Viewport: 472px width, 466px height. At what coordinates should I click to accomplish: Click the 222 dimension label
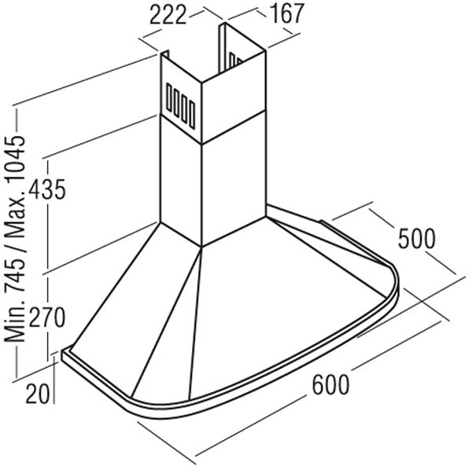(168, 16)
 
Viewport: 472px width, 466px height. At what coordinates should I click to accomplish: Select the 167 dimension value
(287, 14)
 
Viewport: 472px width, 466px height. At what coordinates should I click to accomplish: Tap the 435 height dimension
(47, 189)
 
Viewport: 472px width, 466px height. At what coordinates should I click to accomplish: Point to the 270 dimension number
(47, 317)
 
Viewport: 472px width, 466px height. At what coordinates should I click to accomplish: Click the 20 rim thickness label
(38, 394)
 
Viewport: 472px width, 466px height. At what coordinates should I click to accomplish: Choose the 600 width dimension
(331, 385)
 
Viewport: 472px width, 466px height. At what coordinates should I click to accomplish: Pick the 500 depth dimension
(417, 238)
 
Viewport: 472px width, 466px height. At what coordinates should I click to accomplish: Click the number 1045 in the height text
(15, 161)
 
